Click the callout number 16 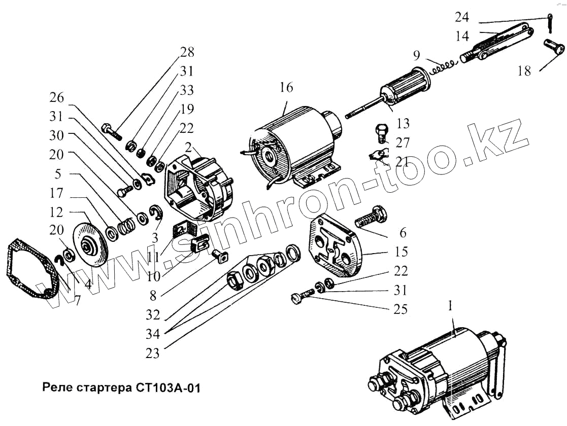pos(286,87)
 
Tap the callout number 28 pos(187,52)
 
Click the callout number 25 pos(401,309)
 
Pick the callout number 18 pos(524,71)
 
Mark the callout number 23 pos(153,353)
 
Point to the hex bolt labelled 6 pos(370,218)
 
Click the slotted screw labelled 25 pos(303,297)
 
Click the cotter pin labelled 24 pos(551,22)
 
